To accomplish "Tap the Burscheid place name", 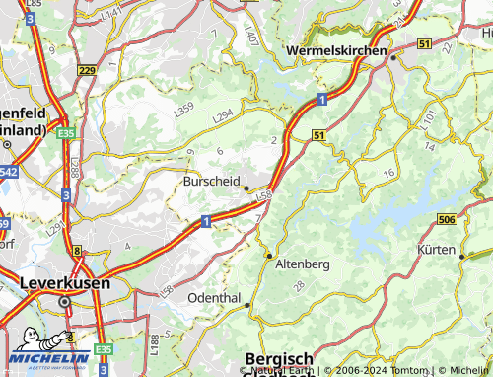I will coord(211,182).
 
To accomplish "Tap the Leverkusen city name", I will coord(64,282).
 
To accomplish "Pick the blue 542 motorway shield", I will coord(7,172).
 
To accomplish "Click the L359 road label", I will coord(184,112).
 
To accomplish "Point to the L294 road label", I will coord(224,116).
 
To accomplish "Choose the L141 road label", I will coord(112,13).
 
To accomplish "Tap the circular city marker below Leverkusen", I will coord(65,302).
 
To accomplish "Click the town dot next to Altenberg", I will coord(268,255).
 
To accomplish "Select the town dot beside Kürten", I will coord(461,256).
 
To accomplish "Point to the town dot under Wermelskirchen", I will coord(392,58).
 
